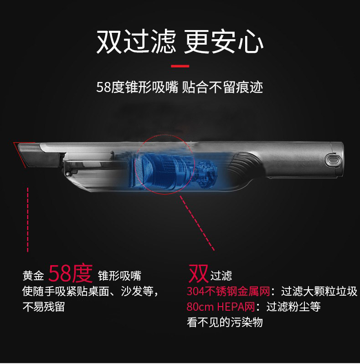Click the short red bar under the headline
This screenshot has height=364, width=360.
(180, 66)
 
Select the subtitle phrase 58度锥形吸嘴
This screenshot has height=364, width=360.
(137, 87)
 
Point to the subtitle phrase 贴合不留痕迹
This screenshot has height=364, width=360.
(222, 87)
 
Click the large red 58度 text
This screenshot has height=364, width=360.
(71, 274)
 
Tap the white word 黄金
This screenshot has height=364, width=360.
(33, 276)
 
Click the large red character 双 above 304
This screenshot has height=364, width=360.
(198, 274)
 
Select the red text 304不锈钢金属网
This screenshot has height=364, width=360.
(228, 292)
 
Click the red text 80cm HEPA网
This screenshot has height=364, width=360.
(221, 307)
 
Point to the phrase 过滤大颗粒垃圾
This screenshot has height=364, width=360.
(319, 292)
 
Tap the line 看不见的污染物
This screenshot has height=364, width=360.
(225, 322)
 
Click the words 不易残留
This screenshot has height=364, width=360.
(44, 307)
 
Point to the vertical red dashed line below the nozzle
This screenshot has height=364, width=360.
(28, 220)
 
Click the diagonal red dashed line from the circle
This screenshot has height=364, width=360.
(197, 223)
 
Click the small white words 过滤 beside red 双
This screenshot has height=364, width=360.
(221, 276)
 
